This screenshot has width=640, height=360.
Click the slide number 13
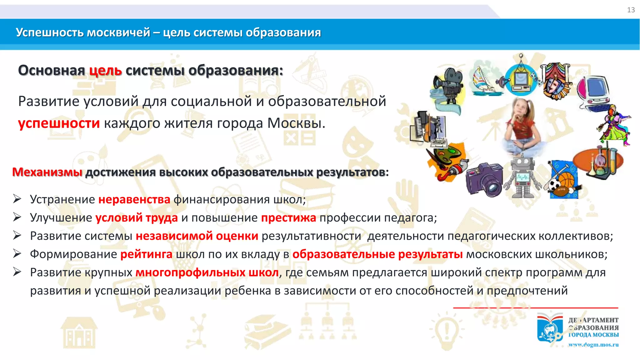pos(631,10)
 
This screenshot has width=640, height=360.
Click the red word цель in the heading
pos(105,70)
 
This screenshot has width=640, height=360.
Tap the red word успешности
pos(59,123)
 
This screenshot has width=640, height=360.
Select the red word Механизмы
pos(47,172)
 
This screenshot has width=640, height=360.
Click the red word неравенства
pos(134,199)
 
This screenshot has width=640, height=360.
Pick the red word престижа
pos(288,217)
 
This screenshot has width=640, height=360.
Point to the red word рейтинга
pos(146,254)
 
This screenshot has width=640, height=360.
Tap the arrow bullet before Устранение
pos(17,199)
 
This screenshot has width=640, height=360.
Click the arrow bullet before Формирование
pos(17,254)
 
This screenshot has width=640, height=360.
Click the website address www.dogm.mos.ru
pos(593,345)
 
